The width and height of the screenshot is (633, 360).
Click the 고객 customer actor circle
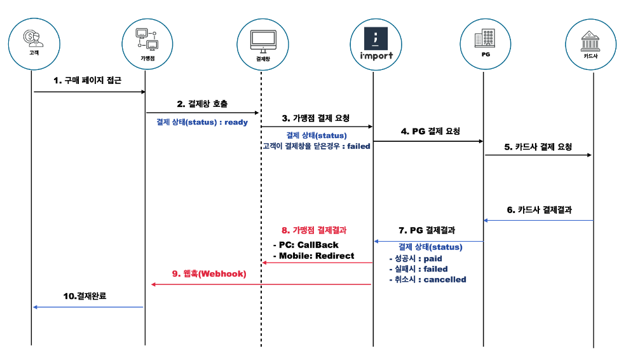coord(34,42)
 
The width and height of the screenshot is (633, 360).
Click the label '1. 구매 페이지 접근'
coord(87,81)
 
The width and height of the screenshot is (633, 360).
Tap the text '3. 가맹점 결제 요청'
coord(316,118)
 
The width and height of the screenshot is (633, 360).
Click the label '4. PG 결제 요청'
coord(430,132)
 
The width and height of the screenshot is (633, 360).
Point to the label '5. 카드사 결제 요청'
coord(538,147)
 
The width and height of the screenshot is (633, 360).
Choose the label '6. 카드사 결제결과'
coord(539,209)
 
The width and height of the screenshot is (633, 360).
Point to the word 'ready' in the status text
coord(236,122)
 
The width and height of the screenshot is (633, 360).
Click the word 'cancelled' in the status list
coord(444,279)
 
